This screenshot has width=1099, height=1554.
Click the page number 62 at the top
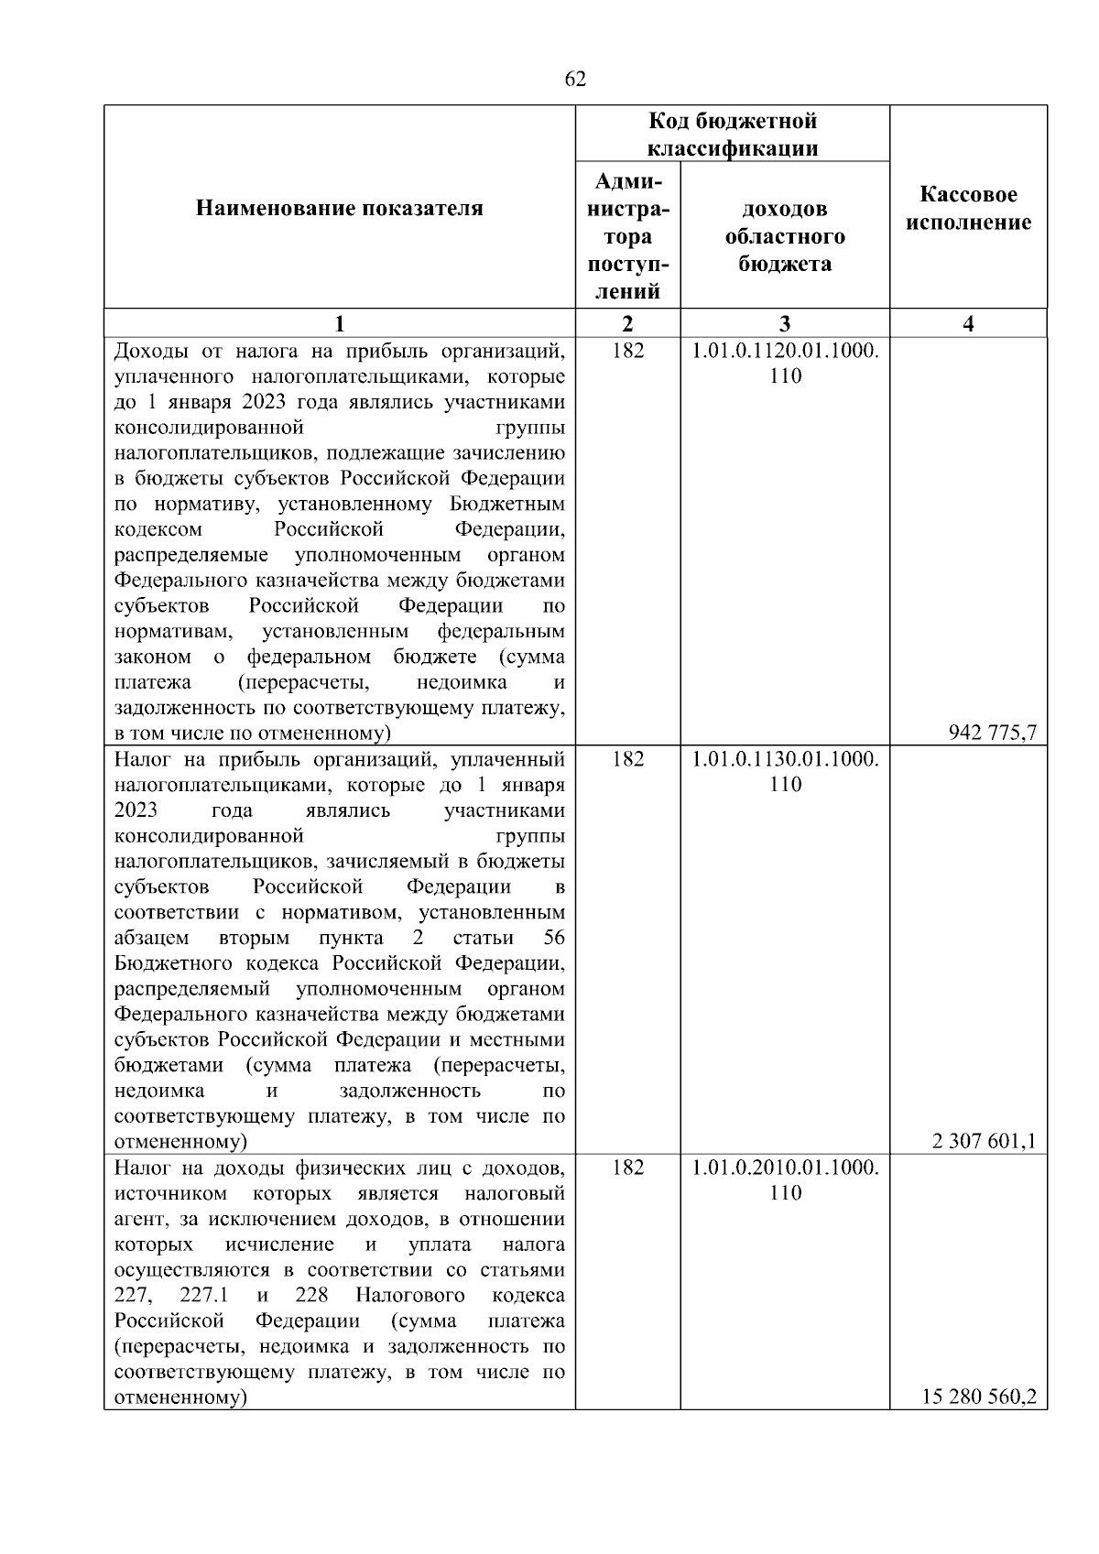pos(575,80)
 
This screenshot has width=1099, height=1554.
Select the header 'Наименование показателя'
pos(339,209)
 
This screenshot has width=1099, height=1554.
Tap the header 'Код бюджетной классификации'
pos(733,135)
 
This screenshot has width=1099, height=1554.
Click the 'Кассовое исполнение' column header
pos(968,209)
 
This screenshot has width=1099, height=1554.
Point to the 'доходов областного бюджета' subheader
pos(785,237)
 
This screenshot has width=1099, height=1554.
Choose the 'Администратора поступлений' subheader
pos(627,236)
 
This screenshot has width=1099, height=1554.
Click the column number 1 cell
pos(340,323)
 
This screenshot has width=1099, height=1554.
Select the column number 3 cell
pos(785,323)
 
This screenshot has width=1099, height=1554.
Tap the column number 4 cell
pos(968,323)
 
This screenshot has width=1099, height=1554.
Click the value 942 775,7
pos(993,732)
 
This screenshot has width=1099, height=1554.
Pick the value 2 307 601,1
pos(984,1141)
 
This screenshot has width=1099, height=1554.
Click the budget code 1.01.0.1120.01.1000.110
pos(785,364)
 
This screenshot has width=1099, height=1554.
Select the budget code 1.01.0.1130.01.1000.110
pos(785,772)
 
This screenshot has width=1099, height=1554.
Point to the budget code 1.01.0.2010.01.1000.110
pos(785,1180)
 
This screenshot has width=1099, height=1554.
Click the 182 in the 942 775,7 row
pos(627,351)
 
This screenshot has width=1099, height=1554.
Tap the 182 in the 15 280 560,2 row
pos(627,1168)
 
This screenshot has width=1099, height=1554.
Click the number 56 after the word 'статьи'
pos(553,938)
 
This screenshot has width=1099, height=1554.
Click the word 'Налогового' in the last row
pos(409,1296)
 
